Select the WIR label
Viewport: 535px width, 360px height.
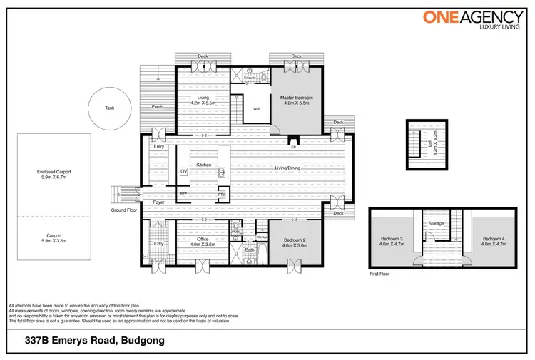click(256, 109)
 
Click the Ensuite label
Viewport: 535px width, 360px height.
click(250, 76)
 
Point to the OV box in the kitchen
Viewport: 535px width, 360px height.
click(183, 172)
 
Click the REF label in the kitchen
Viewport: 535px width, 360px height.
click(183, 193)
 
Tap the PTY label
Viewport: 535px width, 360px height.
click(221, 193)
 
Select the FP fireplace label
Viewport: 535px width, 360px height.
click(293, 148)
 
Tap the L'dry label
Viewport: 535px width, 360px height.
click(158, 245)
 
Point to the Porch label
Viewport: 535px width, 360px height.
click(158, 107)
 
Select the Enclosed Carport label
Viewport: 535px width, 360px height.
click(54, 175)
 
